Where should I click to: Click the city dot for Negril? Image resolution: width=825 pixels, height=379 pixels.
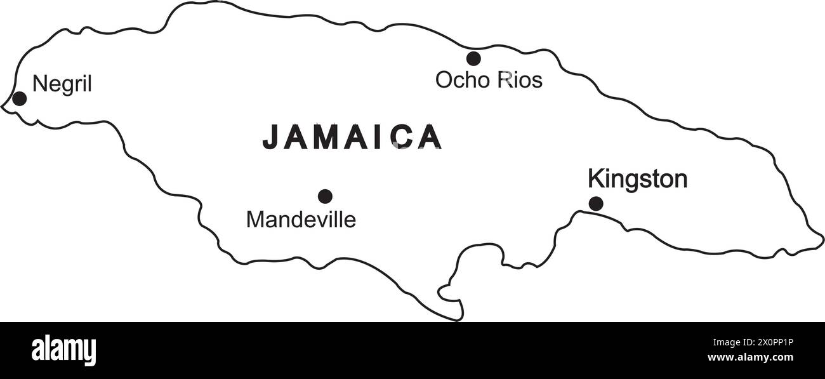pyautogui.click(x=20, y=98)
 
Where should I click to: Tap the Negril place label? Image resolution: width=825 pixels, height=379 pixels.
pyautogui.click(x=62, y=84)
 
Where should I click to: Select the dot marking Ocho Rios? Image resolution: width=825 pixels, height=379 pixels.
pyautogui.click(x=473, y=58)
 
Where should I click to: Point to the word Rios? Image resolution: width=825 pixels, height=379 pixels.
pyautogui.click(x=520, y=80)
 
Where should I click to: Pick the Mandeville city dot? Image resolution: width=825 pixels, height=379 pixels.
pyautogui.click(x=325, y=196)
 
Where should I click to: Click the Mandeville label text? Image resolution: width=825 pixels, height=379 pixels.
pyautogui.click(x=301, y=220)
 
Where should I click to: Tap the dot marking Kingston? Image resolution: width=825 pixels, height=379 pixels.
pyautogui.click(x=595, y=204)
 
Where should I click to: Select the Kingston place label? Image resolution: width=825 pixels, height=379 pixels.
pyautogui.click(x=637, y=179)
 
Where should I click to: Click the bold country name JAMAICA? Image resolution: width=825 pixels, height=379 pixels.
pyautogui.click(x=352, y=136)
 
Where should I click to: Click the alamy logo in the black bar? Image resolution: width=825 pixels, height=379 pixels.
pyautogui.click(x=63, y=350)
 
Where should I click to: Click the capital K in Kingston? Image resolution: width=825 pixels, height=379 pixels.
pyautogui.click(x=595, y=179)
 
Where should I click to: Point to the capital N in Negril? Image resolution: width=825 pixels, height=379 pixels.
pyautogui.click(x=39, y=84)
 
